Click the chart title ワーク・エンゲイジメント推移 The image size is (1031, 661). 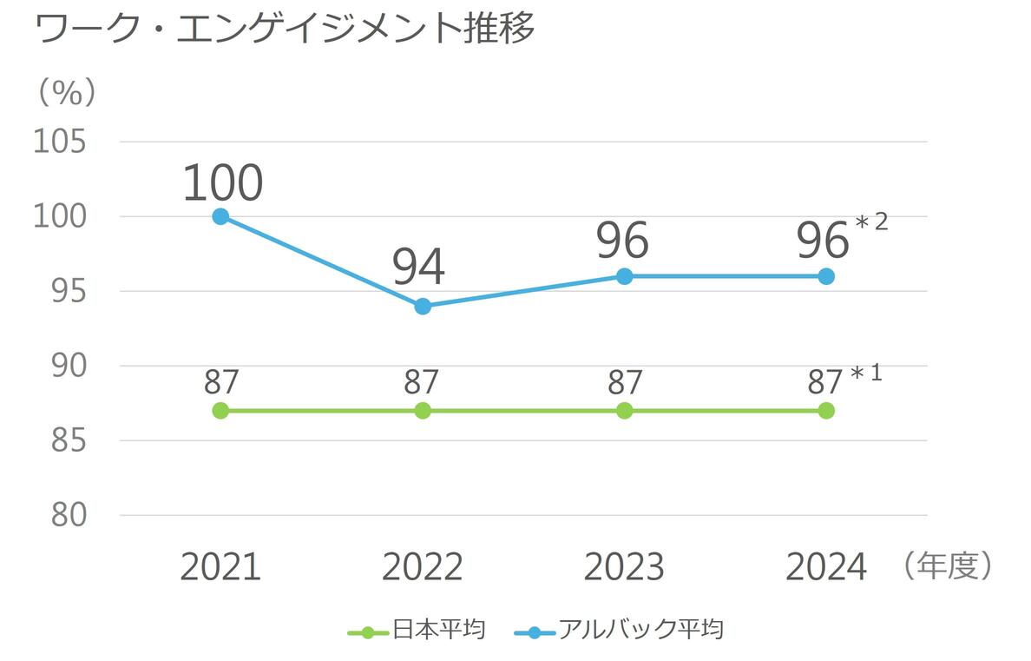pyautogui.click(x=285, y=30)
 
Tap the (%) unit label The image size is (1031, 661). pyautogui.click(x=66, y=93)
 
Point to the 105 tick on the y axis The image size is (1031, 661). pyautogui.click(x=59, y=142)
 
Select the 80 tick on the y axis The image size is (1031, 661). pyautogui.click(x=69, y=515)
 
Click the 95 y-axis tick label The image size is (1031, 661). pyautogui.click(x=69, y=291)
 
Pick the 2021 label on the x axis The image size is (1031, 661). pyautogui.click(x=220, y=567)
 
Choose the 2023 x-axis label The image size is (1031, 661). pyautogui.click(x=624, y=567)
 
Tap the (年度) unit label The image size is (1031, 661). pyautogui.click(x=946, y=566)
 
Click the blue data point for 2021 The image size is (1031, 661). pyautogui.click(x=220, y=216)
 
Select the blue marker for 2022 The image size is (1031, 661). pyautogui.click(x=423, y=306)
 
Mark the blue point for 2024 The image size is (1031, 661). pyautogui.click(x=826, y=276)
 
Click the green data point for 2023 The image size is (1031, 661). pyautogui.click(x=624, y=410)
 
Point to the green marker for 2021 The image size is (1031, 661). pyautogui.click(x=220, y=410)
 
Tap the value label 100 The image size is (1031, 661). pyautogui.click(x=222, y=182)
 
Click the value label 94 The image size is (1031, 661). pyautogui.click(x=418, y=267)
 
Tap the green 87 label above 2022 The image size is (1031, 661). pyautogui.click(x=422, y=382)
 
